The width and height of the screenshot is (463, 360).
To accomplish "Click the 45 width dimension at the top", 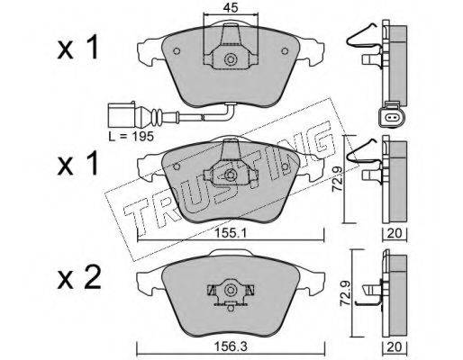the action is (x=231, y=7).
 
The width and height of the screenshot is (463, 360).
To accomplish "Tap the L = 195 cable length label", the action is (x=132, y=137).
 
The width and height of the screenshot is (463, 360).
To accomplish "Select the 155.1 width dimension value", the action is (x=231, y=232).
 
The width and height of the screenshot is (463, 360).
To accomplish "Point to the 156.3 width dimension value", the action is (x=231, y=347).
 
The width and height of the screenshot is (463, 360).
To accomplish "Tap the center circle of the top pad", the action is (x=231, y=59).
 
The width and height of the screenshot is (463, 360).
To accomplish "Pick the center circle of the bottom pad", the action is (x=231, y=290).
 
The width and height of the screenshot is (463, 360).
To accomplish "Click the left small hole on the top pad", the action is (x=177, y=51).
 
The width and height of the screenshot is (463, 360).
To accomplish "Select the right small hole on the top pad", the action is (x=285, y=51).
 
